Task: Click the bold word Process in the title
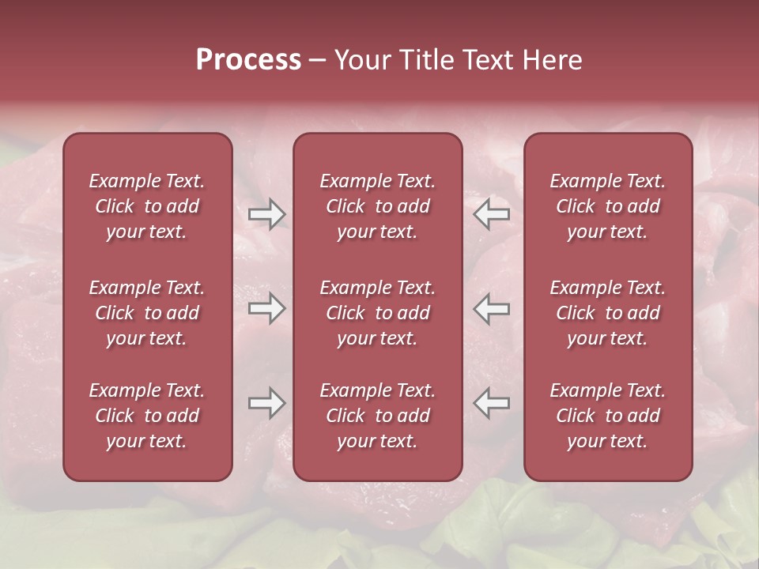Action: (248, 60)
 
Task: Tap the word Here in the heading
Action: (552, 60)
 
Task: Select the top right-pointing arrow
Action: (266, 214)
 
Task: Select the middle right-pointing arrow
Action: (266, 308)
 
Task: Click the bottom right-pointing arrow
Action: (266, 403)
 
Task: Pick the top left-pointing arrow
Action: (492, 214)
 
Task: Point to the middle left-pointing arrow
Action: (492, 308)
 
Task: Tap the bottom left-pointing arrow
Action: (492, 403)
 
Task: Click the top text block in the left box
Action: (147, 206)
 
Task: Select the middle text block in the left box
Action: (147, 313)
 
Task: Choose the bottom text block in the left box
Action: (147, 416)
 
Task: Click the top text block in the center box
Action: (377, 206)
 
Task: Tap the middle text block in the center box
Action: (377, 313)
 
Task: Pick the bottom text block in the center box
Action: (377, 416)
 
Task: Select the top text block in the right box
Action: (608, 206)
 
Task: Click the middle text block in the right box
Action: (608, 313)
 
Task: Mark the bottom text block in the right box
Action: (608, 416)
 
